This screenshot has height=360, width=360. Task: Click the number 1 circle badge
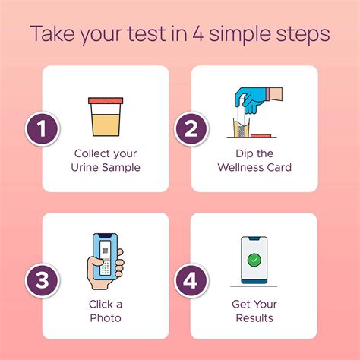[44, 129]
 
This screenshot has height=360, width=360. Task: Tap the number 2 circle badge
[191, 129]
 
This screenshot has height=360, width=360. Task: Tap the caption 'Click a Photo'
[105, 310]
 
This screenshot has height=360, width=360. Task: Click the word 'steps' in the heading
[304, 35]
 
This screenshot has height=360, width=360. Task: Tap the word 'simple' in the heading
[245, 35]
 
